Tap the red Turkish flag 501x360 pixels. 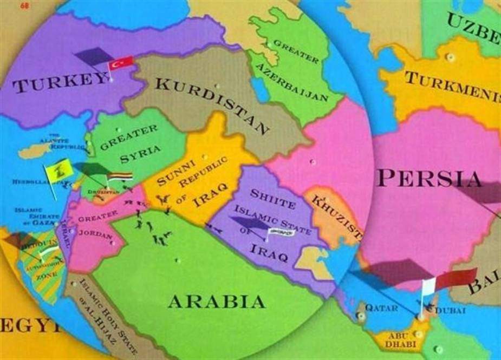click(x=121, y=63)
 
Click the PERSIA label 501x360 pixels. click(x=430, y=178)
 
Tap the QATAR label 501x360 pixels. click(x=381, y=307)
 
